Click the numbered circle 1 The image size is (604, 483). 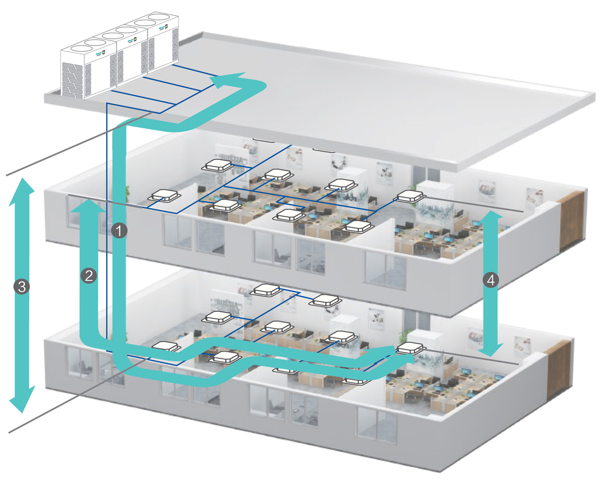[x=119, y=231]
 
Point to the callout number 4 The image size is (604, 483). [x=491, y=280]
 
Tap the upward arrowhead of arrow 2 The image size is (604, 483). [x=89, y=206]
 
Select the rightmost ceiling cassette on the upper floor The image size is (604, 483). [x=411, y=196]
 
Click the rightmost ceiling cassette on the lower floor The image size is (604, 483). [x=408, y=347]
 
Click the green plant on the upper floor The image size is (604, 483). [x=127, y=194]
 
